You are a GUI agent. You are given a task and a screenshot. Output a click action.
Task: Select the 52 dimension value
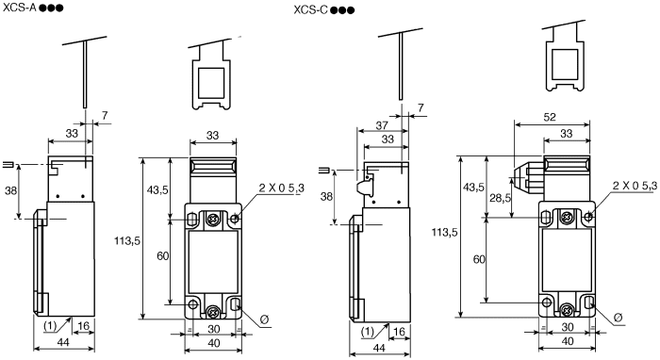550,117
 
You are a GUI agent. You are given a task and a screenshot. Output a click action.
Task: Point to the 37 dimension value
381,125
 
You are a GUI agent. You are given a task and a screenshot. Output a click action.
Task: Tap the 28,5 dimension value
501,198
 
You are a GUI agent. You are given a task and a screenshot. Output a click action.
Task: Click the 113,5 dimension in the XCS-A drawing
127,240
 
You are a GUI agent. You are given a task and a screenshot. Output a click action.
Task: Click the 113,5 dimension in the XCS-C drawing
444,232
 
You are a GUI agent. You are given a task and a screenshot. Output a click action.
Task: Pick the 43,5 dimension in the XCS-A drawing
157,189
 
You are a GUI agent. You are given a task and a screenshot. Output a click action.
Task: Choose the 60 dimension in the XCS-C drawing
479,259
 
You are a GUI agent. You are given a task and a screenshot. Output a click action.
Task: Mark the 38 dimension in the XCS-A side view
11,190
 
